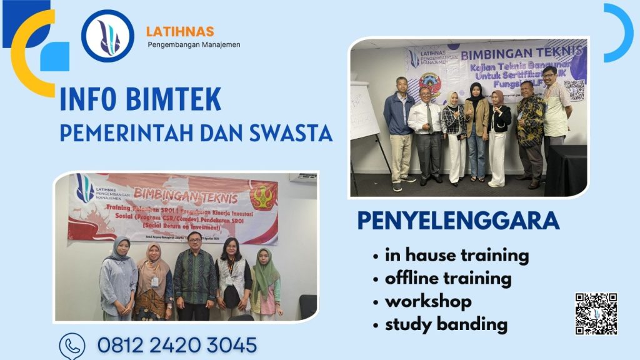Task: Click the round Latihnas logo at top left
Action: click(x=107, y=36)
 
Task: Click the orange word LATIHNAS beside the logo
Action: click(x=180, y=31)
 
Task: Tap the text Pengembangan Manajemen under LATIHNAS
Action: click(x=194, y=45)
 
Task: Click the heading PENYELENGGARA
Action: click(x=457, y=221)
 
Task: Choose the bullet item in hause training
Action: click(x=457, y=255)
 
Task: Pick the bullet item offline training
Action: click(x=448, y=278)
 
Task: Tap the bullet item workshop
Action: click(x=428, y=301)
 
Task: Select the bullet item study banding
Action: click(x=446, y=324)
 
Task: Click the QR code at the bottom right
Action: click(x=596, y=313)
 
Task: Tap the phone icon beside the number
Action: click(x=72, y=346)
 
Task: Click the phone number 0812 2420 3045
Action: click(x=177, y=345)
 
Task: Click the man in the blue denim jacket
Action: click(x=399, y=131)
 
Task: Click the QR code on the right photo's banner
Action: click(x=574, y=91)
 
